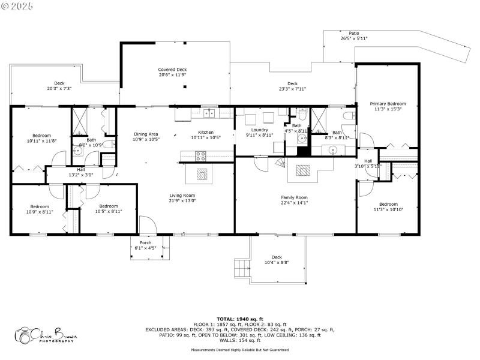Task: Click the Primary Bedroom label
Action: (x=387, y=104)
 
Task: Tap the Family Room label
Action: (x=294, y=197)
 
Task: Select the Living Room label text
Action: (x=181, y=195)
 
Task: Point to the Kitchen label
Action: (x=206, y=133)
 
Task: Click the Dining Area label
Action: (x=146, y=134)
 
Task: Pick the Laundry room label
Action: (x=259, y=130)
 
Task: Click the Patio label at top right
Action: (x=354, y=33)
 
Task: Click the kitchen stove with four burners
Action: (x=201, y=155)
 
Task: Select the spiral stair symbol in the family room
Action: (x=280, y=163)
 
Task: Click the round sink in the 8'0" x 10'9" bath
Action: (x=77, y=152)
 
